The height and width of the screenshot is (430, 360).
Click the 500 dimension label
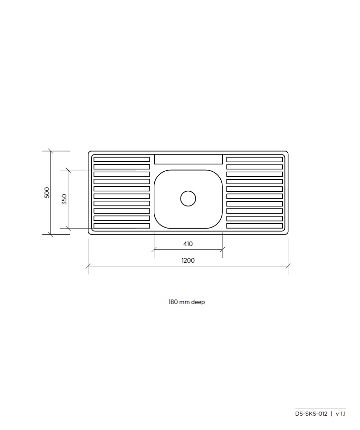[47, 192]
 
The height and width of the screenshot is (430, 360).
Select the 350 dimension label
[64, 199]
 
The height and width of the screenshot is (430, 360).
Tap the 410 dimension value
[188, 244]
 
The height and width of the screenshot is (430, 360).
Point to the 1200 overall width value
[188, 261]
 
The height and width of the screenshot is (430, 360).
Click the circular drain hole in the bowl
[188, 199]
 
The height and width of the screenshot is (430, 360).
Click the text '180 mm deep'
[187, 302]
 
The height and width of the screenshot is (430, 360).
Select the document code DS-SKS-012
[311, 414]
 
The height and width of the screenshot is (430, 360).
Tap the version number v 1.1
[340, 414]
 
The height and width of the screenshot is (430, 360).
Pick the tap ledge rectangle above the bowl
[188, 159]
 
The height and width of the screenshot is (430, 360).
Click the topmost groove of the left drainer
[122, 159]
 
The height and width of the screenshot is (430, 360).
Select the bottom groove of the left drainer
[122, 226]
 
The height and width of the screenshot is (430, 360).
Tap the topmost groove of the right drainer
[255, 159]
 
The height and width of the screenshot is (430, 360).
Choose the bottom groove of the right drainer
[255, 226]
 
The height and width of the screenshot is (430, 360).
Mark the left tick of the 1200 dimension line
[88, 266]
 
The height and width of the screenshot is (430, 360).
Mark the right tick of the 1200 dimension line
[288, 266]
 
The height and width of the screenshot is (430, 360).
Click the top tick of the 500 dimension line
[51, 151]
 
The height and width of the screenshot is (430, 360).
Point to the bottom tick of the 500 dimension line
[51, 234]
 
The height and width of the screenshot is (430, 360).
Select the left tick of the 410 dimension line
[154, 249]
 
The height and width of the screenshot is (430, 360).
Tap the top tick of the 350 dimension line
[68, 170]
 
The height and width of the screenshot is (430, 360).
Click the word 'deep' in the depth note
[198, 302]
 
